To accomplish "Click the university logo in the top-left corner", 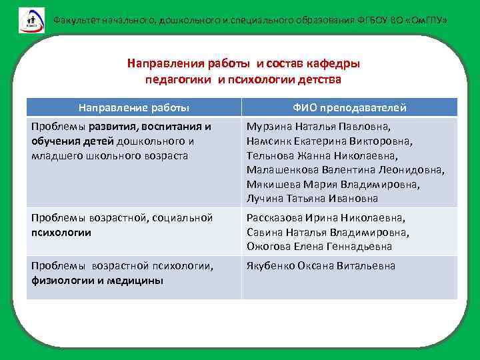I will [31, 19].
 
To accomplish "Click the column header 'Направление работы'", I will [133, 107].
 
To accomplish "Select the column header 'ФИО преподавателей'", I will [349, 107].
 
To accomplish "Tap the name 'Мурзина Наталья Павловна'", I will [319, 126].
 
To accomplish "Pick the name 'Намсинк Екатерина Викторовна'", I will [329, 141].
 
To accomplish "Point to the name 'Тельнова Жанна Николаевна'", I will [321, 155].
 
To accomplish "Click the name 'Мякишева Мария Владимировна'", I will [333, 185].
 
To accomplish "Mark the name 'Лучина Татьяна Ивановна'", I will [312, 199].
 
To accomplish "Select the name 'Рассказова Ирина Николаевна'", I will [325, 217].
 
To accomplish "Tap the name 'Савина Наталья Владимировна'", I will [327, 232].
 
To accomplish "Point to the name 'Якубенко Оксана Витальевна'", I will [321, 266].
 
